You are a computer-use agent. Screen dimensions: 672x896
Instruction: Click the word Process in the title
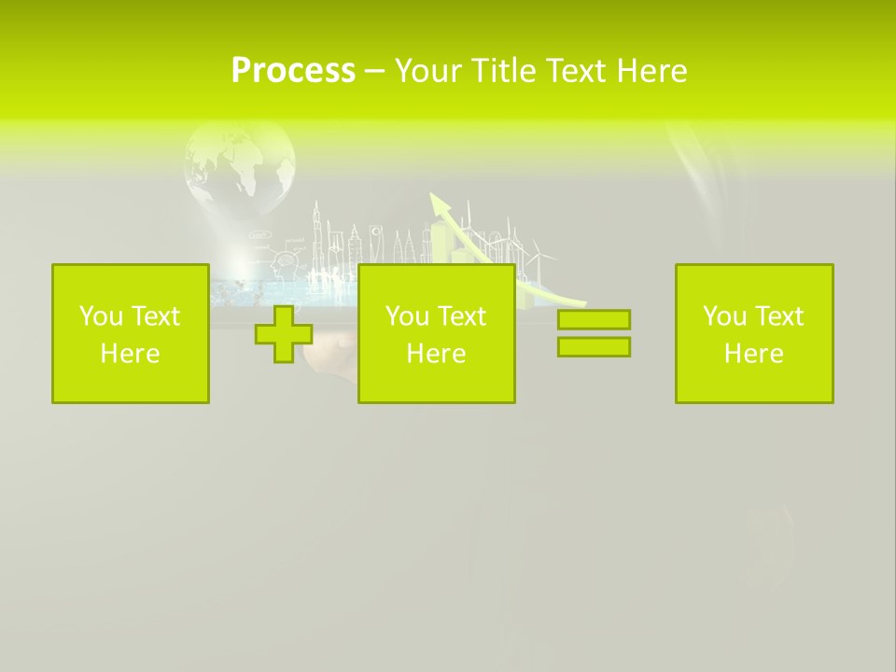coord(293,70)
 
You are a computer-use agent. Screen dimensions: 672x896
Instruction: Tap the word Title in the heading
coord(501,70)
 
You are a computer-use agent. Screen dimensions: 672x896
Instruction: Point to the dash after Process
coord(374,72)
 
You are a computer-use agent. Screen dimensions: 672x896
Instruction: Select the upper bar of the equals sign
coord(594,319)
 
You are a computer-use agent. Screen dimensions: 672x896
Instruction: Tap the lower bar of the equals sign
coord(594,346)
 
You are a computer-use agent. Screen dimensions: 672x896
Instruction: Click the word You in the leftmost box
coord(102,316)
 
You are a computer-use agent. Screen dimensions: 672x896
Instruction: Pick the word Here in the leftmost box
coord(130,354)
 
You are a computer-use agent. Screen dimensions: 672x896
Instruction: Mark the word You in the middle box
coord(408,316)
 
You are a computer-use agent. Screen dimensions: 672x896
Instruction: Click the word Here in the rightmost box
coord(753,354)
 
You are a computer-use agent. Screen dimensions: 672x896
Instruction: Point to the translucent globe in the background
coord(241,168)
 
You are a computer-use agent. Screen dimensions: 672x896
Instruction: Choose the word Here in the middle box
coord(436,354)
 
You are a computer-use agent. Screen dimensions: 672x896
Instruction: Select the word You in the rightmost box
coord(725,316)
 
